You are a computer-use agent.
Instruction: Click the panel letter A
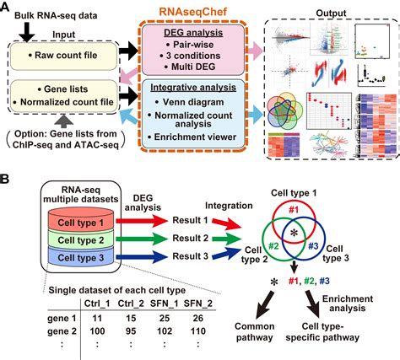tap(8, 8)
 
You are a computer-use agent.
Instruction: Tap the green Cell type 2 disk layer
tap(75, 239)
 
